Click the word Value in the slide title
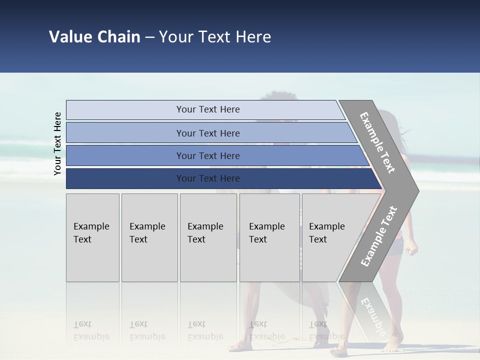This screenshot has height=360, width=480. tap(70, 37)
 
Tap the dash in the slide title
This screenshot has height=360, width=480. tap(149, 37)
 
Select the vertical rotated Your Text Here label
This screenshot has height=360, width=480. tap(57, 143)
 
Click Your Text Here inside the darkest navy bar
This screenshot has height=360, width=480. tap(208, 178)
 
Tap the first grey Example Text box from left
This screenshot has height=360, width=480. tap(92, 238)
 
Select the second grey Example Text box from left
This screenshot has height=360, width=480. tap(149, 238)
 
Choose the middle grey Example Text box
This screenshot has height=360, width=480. tap(208, 238)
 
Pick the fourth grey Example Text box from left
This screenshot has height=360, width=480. tap(269, 238)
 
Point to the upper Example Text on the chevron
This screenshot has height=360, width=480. tap(377, 142)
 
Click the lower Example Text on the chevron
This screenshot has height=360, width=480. tap(379, 236)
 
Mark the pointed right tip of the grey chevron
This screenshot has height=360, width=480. tap(417, 190)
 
